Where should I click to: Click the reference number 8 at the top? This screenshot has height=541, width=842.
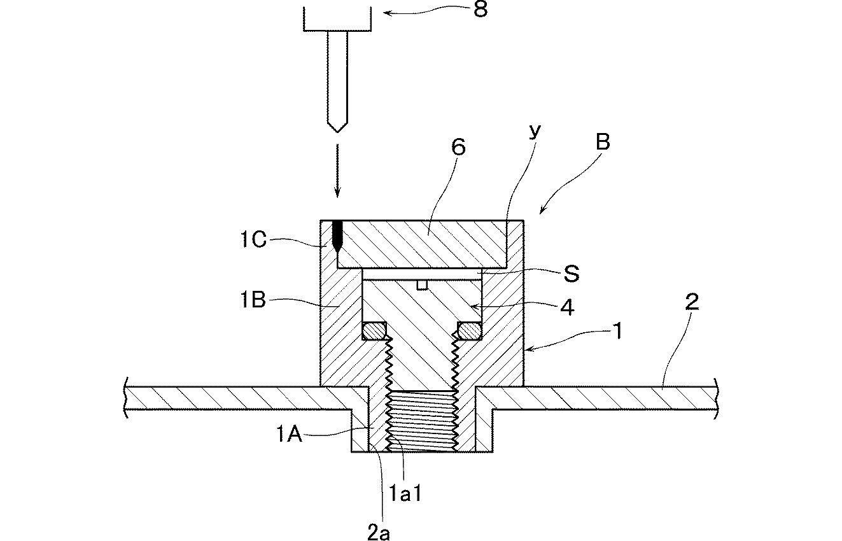481,9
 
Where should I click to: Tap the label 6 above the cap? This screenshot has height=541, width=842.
458,147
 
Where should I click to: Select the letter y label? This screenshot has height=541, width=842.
535,131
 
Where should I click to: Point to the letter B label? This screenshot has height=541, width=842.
603,142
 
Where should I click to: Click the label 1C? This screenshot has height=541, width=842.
253,239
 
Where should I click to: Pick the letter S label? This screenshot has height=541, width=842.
572,274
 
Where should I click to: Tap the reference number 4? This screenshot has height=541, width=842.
567,308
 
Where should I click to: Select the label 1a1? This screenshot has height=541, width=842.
405,493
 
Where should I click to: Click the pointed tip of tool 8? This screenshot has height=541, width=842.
337,132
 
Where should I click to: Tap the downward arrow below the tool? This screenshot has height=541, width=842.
337,171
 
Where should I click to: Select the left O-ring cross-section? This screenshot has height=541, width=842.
111,331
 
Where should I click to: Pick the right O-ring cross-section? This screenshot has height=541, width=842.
470,331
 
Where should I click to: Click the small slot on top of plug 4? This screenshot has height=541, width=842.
422,285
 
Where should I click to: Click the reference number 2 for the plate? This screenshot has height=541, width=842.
692,302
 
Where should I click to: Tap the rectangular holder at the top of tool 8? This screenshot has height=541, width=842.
337,19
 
